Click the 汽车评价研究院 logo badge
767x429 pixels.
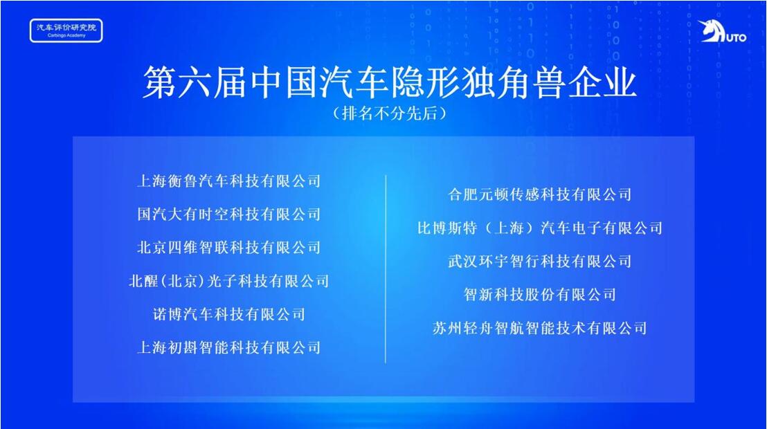click(66, 30)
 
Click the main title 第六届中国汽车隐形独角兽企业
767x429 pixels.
click(390, 82)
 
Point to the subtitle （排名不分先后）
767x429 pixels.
click(390, 113)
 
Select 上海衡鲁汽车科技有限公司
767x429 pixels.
click(229, 181)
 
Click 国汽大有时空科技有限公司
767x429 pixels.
click(229, 214)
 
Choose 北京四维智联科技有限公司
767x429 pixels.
click(229, 248)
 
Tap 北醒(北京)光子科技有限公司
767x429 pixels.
click(229, 281)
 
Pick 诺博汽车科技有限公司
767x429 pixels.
click(229, 314)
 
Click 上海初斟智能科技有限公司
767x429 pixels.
click(229, 347)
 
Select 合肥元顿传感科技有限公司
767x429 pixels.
click(539, 194)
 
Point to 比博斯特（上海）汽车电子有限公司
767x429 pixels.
click(539, 228)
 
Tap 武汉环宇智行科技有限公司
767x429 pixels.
click(539, 262)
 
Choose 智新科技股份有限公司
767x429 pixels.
click(539, 295)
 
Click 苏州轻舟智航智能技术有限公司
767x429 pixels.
click(539, 328)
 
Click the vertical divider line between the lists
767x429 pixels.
click(386, 269)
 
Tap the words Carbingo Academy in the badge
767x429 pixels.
click(66, 36)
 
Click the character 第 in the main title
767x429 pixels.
click(160, 82)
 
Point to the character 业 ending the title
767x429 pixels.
click(620, 82)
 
